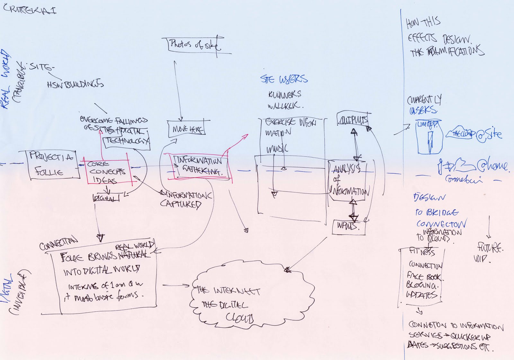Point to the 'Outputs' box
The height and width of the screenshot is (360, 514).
point(352,121)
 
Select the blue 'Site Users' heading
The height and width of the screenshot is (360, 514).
point(284,79)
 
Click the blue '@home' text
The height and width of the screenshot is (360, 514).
point(492,166)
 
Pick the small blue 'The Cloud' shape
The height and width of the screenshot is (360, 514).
point(460,133)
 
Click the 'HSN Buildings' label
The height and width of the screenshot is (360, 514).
point(75,84)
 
